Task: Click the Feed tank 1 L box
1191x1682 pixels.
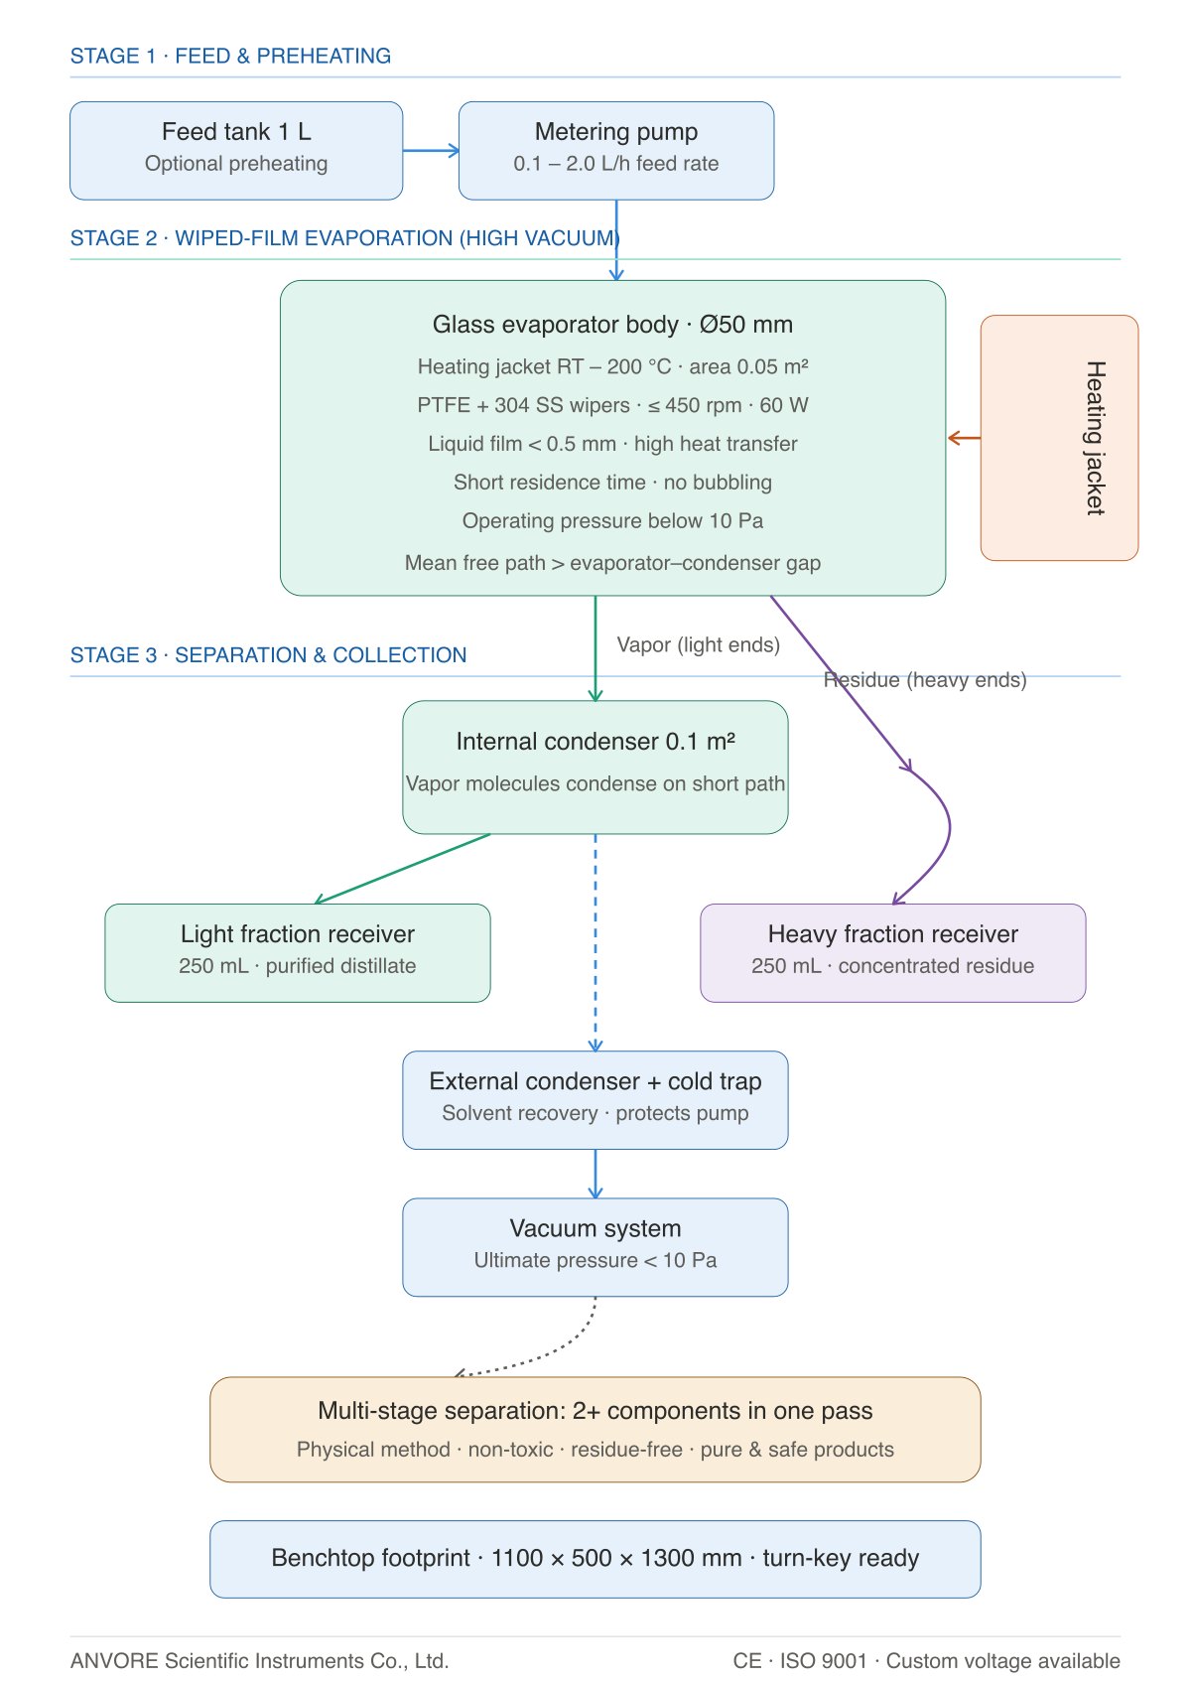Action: click(x=236, y=151)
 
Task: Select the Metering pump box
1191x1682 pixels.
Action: click(x=616, y=151)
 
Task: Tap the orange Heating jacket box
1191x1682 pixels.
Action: click(x=1059, y=438)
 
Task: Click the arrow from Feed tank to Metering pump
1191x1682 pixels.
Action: click(x=431, y=151)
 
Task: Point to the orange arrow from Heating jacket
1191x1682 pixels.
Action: click(x=964, y=438)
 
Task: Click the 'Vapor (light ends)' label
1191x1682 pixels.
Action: click(x=698, y=645)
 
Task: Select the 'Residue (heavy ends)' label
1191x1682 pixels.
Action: click(x=925, y=679)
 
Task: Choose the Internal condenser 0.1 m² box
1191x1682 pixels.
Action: click(x=595, y=767)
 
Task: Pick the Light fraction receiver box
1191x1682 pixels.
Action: click(x=297, y=953)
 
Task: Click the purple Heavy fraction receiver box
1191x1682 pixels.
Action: click(x=892, y=953)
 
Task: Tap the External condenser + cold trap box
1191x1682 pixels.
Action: click(x=595, y=1100)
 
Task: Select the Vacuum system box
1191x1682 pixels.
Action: click(x=595, y=1247)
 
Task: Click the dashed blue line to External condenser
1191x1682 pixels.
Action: click(x=595, y=942)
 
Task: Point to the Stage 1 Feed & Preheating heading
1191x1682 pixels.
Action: click(x=230, y=56)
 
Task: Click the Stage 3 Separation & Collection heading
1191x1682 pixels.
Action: click(x=268, y=654)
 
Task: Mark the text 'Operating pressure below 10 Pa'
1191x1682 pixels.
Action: click(x=612, y=521)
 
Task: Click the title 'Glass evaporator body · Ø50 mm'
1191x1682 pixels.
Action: click(x=612, y=325)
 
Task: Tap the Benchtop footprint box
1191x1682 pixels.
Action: click(x=595, y=1559)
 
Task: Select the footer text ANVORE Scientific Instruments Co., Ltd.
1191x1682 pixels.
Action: click(x=259, y=1660)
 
